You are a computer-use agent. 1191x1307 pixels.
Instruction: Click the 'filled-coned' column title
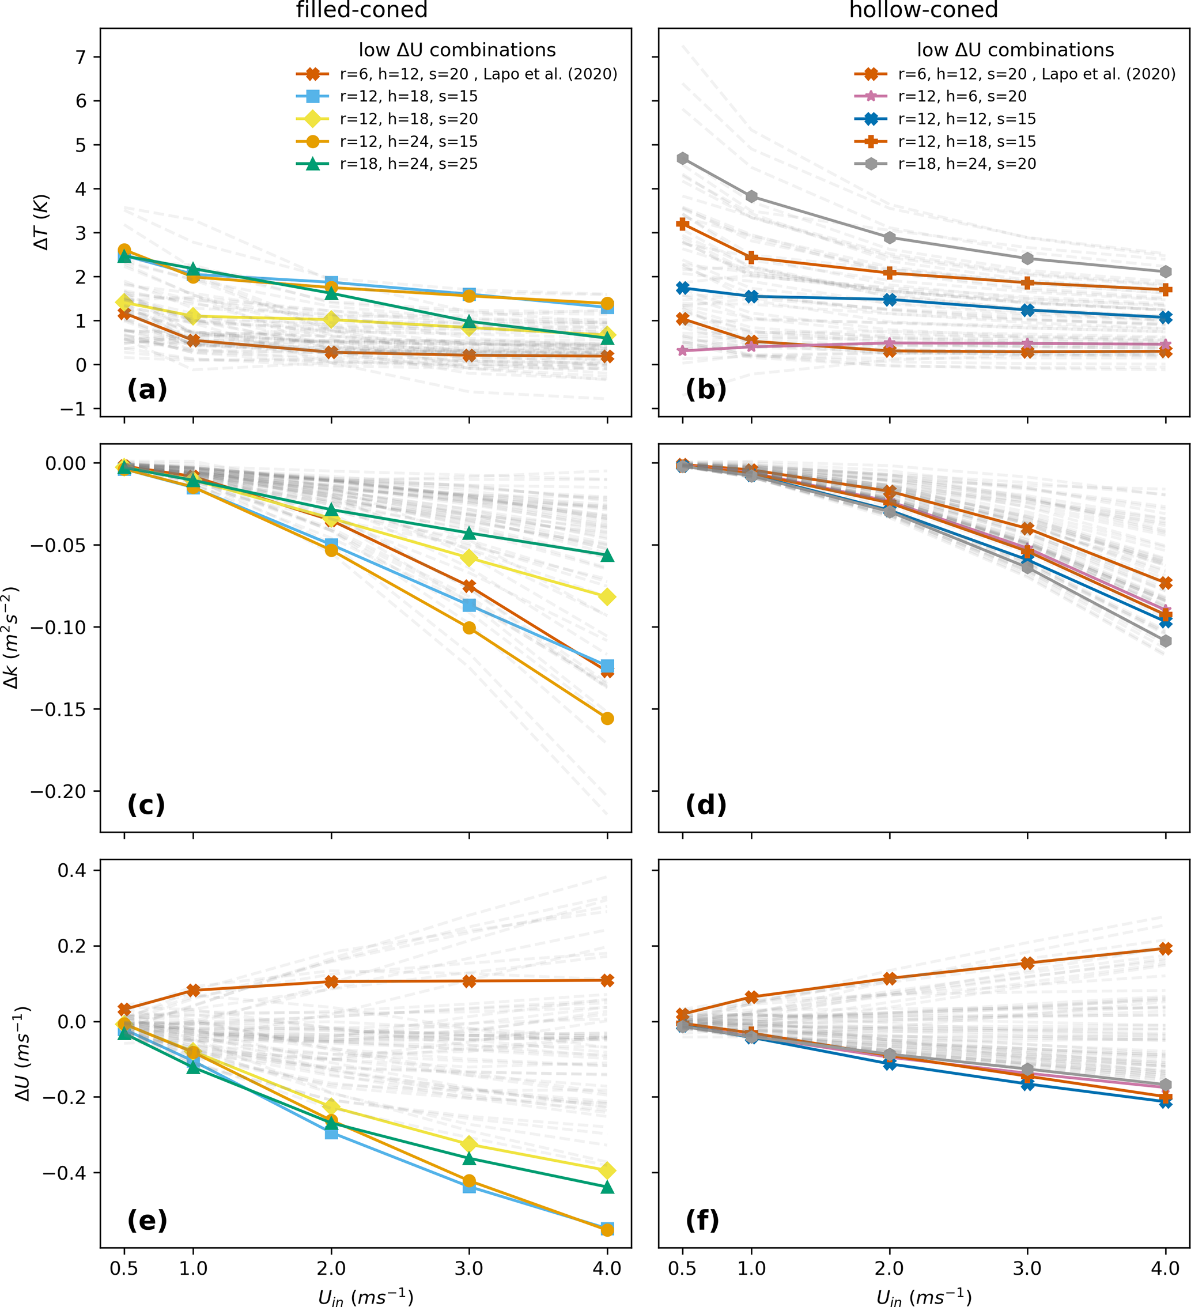coord(362,10)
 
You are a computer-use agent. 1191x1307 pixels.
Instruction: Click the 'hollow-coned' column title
coord(923,10)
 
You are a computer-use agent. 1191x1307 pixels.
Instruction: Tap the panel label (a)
coord(147,390)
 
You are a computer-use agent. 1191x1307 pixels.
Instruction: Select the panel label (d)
coord(706,804)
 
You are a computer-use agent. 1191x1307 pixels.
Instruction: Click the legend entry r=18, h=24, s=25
coord(409,164)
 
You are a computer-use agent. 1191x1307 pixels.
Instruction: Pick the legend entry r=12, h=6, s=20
coord(962,97)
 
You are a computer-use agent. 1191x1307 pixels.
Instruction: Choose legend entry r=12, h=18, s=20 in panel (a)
coord(409,119)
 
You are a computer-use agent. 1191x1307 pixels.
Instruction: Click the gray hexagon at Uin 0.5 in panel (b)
coord(683,159)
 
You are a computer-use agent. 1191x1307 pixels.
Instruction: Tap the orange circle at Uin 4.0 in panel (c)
coord(607,718)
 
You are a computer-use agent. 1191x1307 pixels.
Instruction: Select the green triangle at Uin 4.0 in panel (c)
coord(607,556)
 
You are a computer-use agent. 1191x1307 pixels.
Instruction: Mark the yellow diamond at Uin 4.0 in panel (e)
coord(607,1171)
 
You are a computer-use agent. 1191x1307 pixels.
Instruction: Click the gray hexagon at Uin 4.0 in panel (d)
coord(1166,641)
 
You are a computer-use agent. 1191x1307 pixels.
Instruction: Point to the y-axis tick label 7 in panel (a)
coord(81,58)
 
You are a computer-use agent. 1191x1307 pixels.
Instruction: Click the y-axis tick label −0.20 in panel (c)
coord(58,792)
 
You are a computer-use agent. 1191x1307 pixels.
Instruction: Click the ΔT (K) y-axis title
coord(42,222)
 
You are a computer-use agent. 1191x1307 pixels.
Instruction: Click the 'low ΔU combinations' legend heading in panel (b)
coord(1015,50)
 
